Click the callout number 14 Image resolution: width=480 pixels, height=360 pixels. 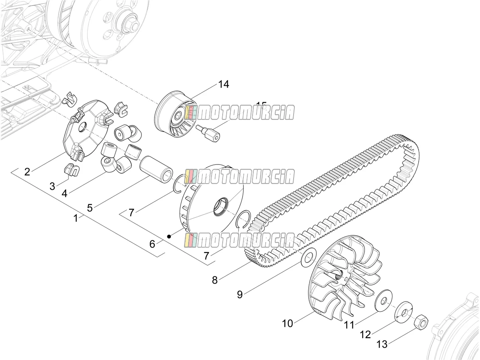tap(224, 84)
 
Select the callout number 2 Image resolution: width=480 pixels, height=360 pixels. tap(27, 172)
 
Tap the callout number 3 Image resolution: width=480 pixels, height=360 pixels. tap(52, 186)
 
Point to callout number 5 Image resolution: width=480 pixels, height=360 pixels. tap(90, 207)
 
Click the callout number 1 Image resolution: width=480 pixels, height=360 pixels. tap(76, 218)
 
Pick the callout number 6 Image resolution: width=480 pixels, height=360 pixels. tap(152, 244)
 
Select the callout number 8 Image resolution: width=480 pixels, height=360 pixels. tap(215, 280)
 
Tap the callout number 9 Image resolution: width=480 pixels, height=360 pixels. tap(240, 295)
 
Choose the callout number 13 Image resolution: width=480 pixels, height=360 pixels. tap(382, 344)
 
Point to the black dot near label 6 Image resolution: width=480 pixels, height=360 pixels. tap(169, 236)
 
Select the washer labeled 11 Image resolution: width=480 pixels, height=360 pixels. tap(383, 301)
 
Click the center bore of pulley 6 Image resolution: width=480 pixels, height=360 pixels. tap(220, 207)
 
